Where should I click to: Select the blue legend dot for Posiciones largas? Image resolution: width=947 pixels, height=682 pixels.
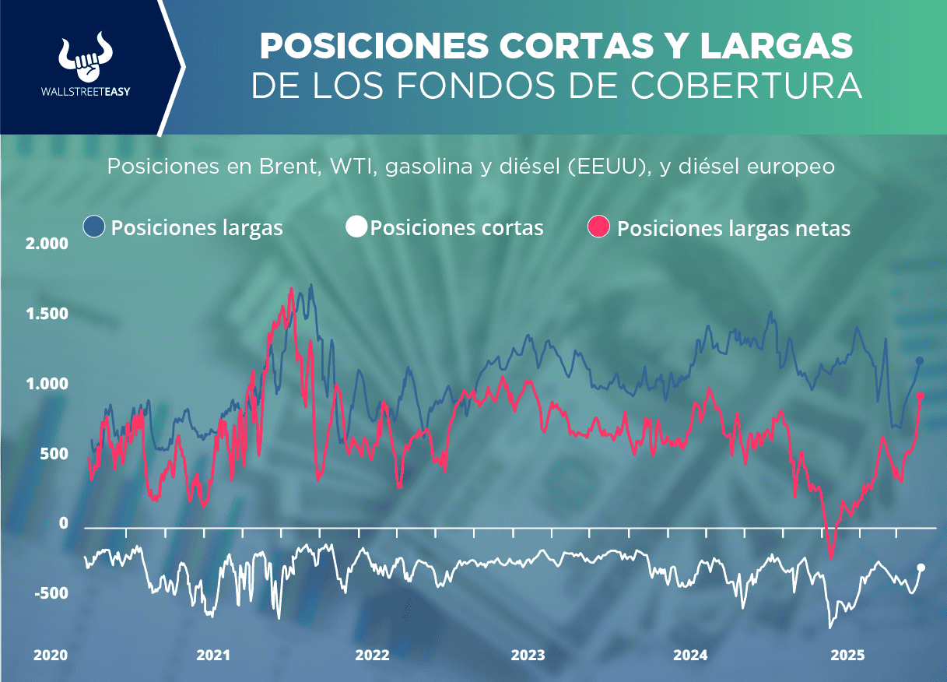[93, 227]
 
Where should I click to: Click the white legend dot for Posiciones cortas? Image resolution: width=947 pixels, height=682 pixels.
[356, 227]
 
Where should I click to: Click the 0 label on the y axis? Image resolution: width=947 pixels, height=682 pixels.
[65, 524]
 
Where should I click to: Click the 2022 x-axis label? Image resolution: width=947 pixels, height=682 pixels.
[373, 656]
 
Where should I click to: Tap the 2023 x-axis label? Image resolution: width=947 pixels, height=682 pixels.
[528, 656]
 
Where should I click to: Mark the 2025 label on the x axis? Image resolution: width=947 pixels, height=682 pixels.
[847, 656]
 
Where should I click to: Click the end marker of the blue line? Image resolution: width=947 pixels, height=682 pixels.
[920, 360]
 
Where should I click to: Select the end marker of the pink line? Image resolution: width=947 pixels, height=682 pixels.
[920, 396]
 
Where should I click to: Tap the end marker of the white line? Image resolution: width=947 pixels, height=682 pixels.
[921, 568]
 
